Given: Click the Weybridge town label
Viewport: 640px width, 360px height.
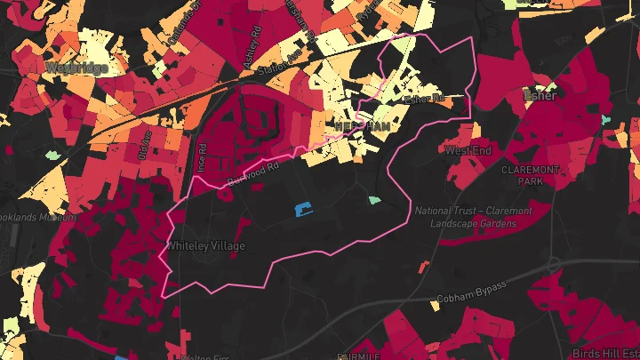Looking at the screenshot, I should click(x=76, y=68).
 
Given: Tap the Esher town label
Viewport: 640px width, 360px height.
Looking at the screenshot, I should click(x=540, y=96).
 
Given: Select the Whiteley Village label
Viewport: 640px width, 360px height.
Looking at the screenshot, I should click(x=206, y=245).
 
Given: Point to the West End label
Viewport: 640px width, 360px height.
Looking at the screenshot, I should click(x=468, y=151).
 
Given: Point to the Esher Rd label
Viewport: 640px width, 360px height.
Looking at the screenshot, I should click(x=424, y=100).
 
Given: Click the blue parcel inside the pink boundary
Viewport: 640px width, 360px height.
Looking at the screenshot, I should click(x=303, y=209).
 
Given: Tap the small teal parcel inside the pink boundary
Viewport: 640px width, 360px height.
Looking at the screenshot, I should click(x=374, y=200).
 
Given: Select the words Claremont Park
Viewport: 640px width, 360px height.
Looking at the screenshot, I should click(x=530, y=174).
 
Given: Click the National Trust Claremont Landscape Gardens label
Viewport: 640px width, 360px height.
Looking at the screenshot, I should click(x=473, y=217).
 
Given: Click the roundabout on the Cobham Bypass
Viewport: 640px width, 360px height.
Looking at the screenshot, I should click(x=553, y=264).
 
